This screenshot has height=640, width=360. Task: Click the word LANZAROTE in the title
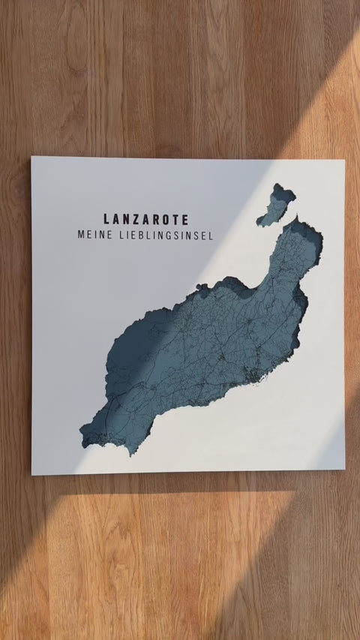click(146, 220)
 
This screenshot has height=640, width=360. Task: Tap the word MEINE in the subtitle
click(93, 236)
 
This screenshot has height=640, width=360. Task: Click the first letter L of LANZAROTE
click(107, 220)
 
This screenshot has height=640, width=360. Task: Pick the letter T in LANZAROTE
click(174, 220)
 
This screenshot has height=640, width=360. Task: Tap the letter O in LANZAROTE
click(164, 220)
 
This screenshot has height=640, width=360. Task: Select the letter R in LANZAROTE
click(154, 220)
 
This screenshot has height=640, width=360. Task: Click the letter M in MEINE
click(81, 236)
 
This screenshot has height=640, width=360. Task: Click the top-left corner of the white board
click(32, 158)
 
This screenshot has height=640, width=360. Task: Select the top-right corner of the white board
click(344, 161)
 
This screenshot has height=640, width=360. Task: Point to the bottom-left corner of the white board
click(32, 474)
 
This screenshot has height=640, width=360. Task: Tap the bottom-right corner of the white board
click(344, 469)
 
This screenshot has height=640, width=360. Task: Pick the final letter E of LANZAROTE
click(184, 220)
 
